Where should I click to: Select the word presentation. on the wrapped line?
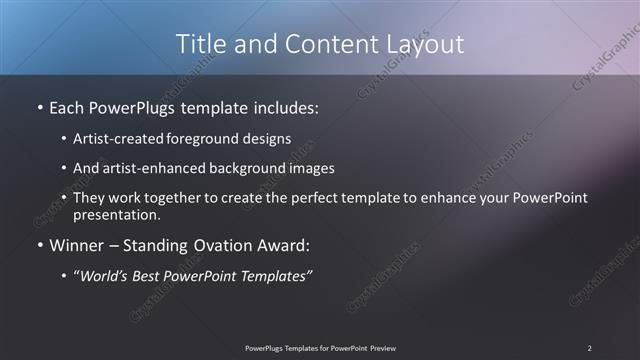click(x=116, y=214)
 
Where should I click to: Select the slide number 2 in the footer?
click(x=589, y=347)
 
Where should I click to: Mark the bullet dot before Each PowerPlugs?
click(x=39, y=105)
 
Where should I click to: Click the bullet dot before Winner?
click(x=39, y=245)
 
